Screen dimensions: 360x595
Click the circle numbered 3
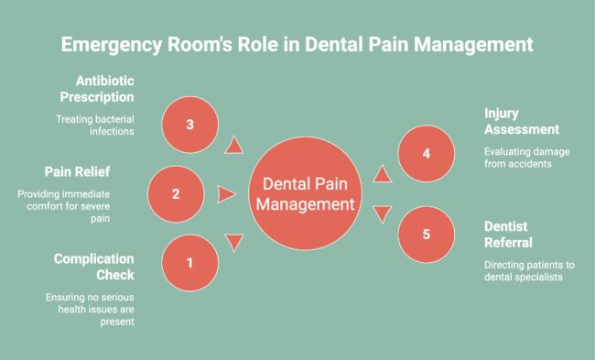(189, 124)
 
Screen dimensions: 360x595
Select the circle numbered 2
(177, 193)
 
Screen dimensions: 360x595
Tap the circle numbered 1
(189, 263)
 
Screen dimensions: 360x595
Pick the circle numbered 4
(427, 153)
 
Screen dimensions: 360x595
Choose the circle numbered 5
(427, 234)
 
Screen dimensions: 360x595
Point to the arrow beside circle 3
(234, 145)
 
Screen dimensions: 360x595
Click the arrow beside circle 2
(226, 194)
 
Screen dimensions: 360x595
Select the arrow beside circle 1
(234, 243)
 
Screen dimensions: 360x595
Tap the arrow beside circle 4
(381, 173)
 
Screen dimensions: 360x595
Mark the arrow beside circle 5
(381, 213)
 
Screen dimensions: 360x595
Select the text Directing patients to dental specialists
(529, 272)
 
